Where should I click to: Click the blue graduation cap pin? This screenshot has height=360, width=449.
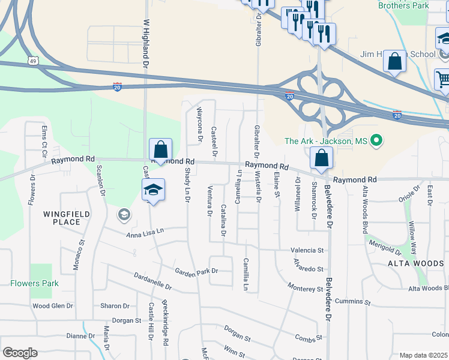pyautogui.click(x=153, y=190)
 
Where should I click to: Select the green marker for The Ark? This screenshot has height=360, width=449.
pyautogui.click(x=376, y=141)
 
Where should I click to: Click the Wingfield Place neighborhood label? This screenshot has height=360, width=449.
pyautogui.click(x=66, y=218)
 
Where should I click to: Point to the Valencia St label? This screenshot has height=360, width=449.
pyautogui.click(x=307, y=250)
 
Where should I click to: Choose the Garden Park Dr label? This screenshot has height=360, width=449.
pyautogui.click(x=196, y=271)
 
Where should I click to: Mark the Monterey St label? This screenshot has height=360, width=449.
pyautogui.click(x=305, y=288)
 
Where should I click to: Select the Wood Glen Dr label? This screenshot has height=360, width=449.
pyautogui.click(x=52, y=305)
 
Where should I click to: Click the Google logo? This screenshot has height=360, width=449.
pyautogui.click(x=20, y=353)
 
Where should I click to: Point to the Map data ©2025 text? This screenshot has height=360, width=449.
pyautogui.click(x=423, y=355)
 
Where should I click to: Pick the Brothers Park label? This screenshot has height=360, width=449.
pyautogui.click(x=403, y=5)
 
